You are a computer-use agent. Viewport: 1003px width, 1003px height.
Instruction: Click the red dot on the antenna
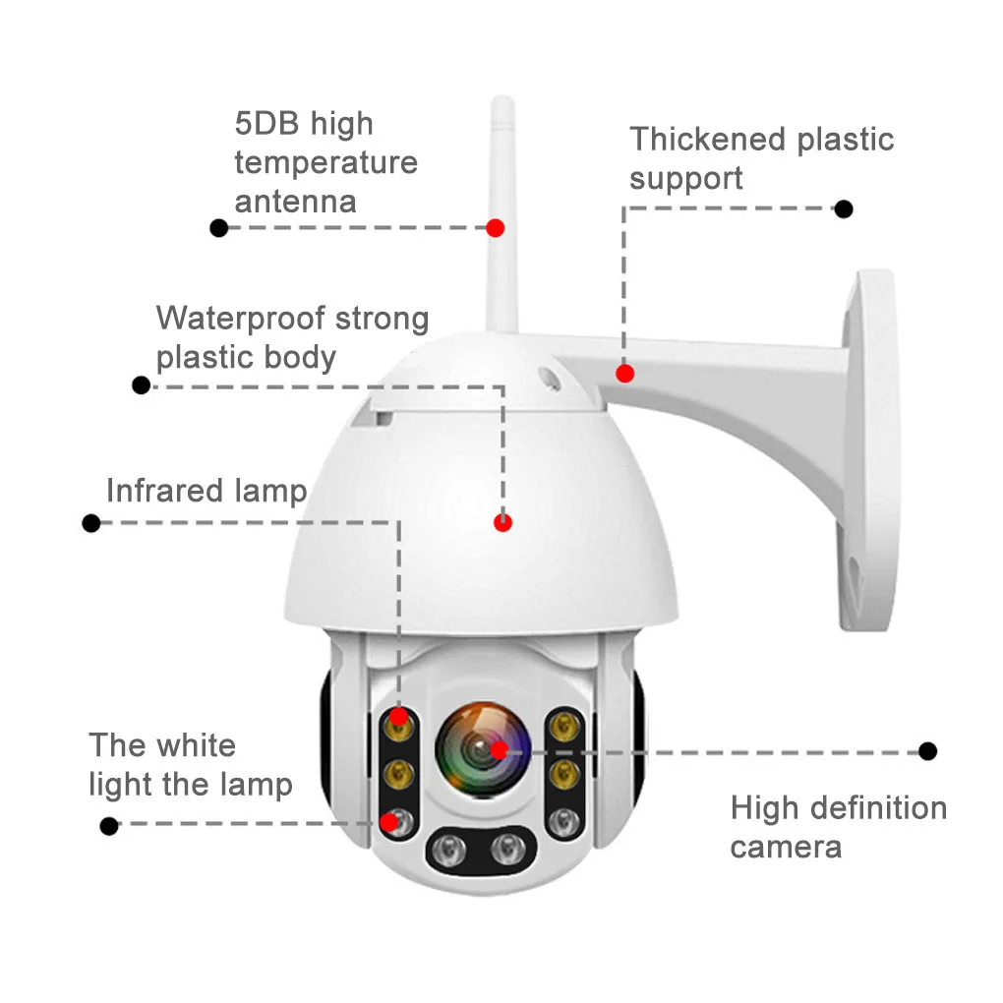(x=496, y=227)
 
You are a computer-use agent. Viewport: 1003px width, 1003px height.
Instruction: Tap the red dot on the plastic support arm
(x=624, y=374)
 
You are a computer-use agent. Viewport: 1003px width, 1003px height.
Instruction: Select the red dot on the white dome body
(x=503, y=523)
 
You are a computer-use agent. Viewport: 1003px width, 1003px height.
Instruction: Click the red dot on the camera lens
(x=499, y=750)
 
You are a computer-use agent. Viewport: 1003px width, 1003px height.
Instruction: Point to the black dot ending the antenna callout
(x=219, y=228)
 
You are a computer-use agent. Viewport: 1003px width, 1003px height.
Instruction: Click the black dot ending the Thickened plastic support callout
(x=843, y=208)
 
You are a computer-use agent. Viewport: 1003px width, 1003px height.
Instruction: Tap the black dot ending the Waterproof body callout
(x=142, y=384)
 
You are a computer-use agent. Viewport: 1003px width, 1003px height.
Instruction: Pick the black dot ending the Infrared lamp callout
(x=91, y=523)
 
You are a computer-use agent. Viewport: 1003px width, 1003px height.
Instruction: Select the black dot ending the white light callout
(x=109, y=826)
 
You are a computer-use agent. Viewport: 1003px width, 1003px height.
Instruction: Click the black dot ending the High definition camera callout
(x=927, y=751)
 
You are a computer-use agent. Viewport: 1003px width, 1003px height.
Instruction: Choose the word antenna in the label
(x=295, y=202)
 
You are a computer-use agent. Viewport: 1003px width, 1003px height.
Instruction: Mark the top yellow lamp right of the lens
(x=563, y=726)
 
